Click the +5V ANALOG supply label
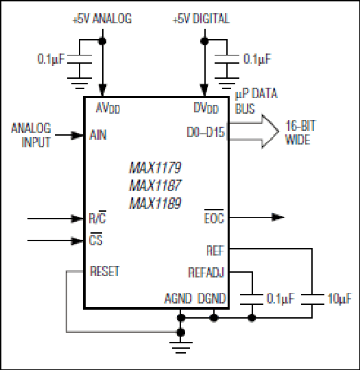tap(102, 18)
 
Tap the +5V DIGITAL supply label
tap(201, 18)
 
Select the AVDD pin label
tap(108, 108)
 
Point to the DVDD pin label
tap(206, 108)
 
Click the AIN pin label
tap(98, 135)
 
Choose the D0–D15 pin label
tap(206, 132)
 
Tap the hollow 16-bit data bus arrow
tap(254, 131)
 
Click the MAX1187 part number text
tap(156, 185)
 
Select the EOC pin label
tap(214, 217)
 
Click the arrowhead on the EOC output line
tap(278, 217)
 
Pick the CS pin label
tap(96, 239)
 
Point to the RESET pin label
tap(105, 271)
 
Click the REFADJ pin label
tap(206, 273)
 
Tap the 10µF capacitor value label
tap(339, 299)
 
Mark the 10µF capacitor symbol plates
tap(312, 299)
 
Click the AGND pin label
tap(178, 299)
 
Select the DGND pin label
tap(212, 299)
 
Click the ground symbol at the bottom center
tap(181, 347)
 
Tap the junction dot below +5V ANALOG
tap(102, 41)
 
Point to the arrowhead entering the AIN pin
tap(77, 135)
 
